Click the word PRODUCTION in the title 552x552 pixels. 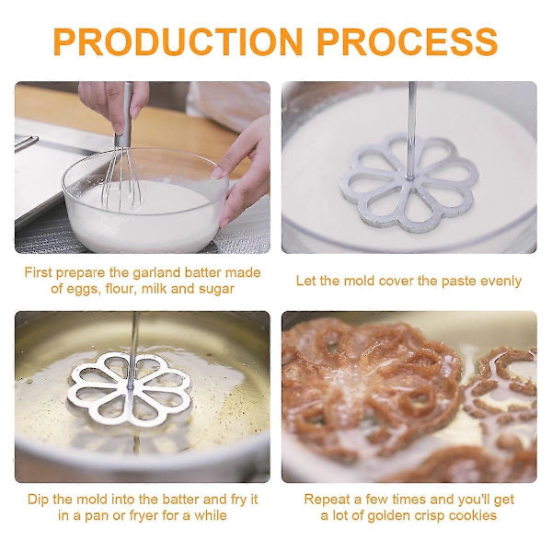(178, 42)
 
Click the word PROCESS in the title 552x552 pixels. (408, 42)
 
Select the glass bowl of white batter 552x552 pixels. (145, 200)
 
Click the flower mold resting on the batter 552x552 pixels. (409, 182)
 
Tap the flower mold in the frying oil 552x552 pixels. (129, 389)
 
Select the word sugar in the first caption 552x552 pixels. (216, 290)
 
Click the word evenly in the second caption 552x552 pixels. (500, 282)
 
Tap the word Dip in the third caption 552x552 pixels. (39, 500)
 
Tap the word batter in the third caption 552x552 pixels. (180, 500)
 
